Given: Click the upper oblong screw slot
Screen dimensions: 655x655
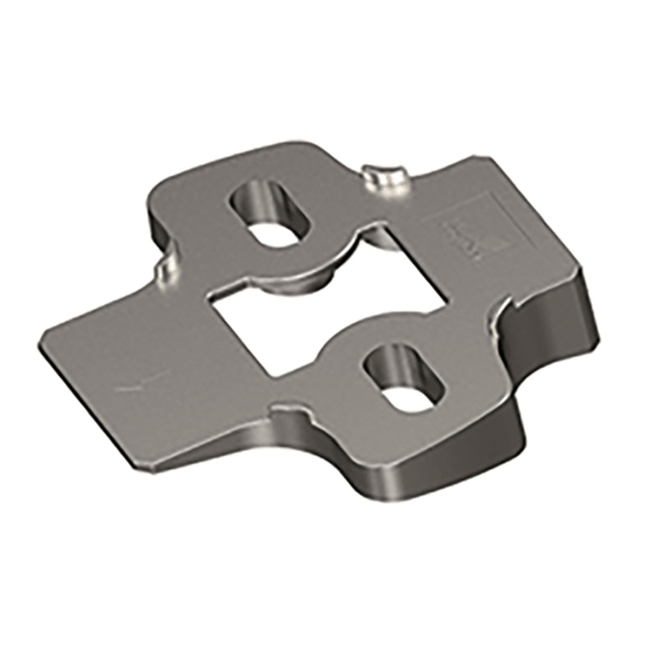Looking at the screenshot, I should [x=267, y=215].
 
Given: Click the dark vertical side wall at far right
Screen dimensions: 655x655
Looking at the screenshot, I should [x=588, y=307].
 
